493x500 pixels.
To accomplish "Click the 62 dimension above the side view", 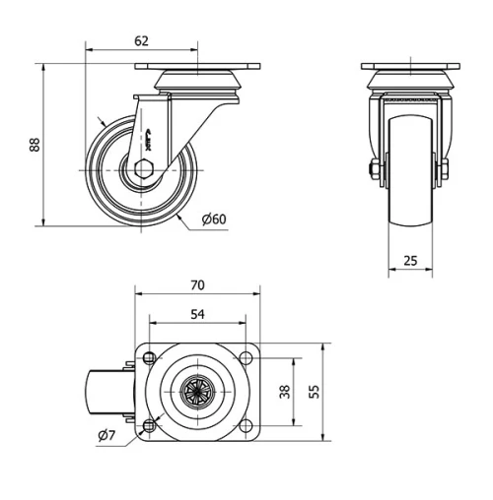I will click(x=141, y=40).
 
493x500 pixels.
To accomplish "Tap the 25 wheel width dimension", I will click(x=410, y=261).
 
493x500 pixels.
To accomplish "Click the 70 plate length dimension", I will click(x=196, y=285).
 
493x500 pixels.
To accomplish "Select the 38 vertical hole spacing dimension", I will click(x=286, y=391).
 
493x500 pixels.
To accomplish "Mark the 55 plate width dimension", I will click(x=315, y=391).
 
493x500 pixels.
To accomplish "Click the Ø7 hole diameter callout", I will click(x=106, y=436).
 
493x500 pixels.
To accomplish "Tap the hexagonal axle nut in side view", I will click(x=143, y=168).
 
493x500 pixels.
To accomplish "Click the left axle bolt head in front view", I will click(x=378, y=173).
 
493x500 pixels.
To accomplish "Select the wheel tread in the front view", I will click(x=410, y=182).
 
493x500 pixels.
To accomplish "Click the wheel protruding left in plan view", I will click(x=103, y=391).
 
